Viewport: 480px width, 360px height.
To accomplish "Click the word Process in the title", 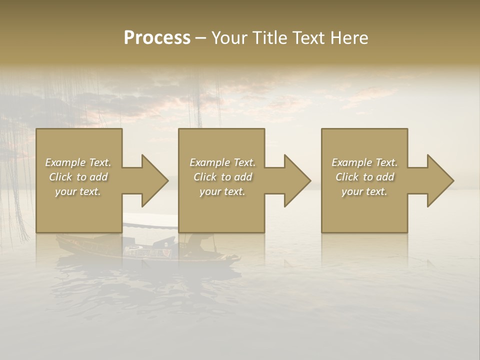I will (x=157, y=38).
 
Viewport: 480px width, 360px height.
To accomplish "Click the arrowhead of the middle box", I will (x=296, y=180).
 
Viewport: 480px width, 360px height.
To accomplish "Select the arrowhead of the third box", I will (x=439, y=180).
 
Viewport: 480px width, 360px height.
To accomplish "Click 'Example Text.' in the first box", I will (x=78, y=162).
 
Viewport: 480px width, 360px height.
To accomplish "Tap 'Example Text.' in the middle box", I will (x=222, y=162).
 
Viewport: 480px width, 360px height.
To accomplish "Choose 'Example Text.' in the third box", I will (x=364, y=162).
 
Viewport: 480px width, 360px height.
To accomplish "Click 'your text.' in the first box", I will (x=78, y=191).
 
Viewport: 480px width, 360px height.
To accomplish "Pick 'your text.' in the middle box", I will (x=222, y=191).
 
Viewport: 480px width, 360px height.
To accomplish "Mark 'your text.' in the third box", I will (x=364, y=191).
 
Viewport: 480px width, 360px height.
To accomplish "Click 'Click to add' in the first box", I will (x=78, y=177).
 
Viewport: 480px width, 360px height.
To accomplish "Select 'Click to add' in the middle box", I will (x=222, y=177).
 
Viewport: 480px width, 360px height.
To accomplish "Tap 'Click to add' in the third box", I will (x=364, y=177).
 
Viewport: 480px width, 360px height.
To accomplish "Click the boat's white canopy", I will (x=150, y=220).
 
